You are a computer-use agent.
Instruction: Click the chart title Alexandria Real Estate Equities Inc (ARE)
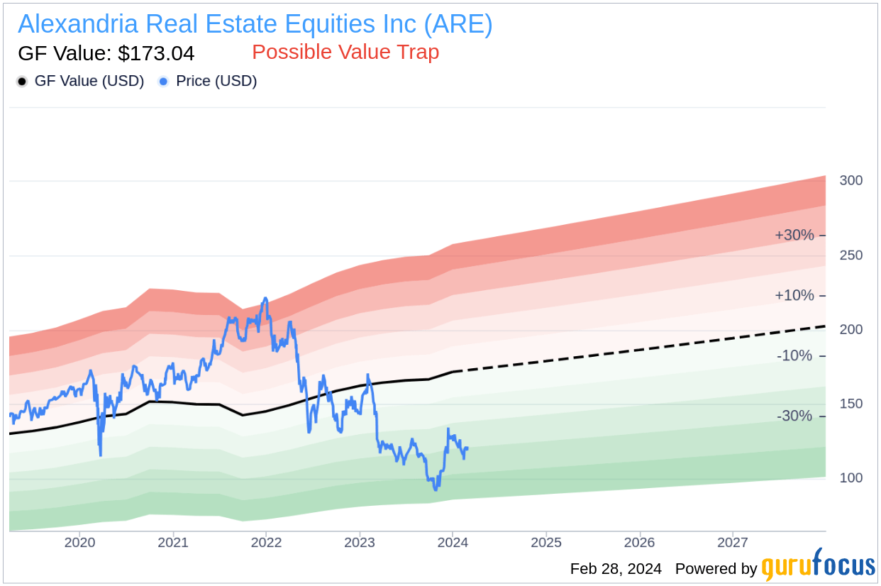coord(255,24)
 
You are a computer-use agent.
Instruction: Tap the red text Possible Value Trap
coord(345,52)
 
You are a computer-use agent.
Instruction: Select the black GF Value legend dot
coord(22,82)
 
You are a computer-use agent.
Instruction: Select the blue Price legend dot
coord(164,82)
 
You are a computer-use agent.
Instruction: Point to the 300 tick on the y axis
coord(850,180)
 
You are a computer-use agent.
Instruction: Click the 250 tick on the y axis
coord(850,255)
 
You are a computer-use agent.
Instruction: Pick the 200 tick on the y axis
coord(850,329)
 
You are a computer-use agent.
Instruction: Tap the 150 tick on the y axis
coord(850,404)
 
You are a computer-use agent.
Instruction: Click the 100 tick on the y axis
coord(850,478)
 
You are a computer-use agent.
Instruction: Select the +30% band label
coord(794,235)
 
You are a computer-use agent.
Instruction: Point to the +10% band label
coord(794,295)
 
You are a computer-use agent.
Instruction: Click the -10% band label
coord(794,355)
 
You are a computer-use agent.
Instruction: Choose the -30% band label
coord(794,416)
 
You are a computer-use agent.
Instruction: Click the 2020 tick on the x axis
coord(79,543)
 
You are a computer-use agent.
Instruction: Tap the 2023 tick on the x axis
coord(360,543)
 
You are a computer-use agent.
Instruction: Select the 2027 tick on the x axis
coord(733,543)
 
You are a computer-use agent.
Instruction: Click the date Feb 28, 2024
coord(616,569)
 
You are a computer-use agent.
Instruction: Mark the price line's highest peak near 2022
coord(265,299)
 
